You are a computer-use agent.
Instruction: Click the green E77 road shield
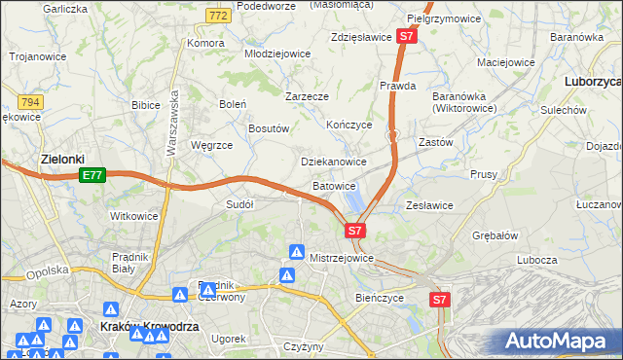click(92, 175)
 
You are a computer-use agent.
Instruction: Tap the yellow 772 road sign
click(218, 15)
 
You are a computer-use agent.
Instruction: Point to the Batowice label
click(334, 185)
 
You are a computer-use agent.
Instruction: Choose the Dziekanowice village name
click(334, 162)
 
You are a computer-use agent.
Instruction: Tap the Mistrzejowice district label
click(342, 258)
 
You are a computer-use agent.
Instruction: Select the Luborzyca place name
click(592, 83)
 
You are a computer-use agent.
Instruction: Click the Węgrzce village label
click(212, 145)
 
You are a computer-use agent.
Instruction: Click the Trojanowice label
click(38, 56)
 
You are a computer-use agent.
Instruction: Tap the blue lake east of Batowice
click(354, 200)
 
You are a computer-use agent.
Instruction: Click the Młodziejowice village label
click(276, 54)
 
